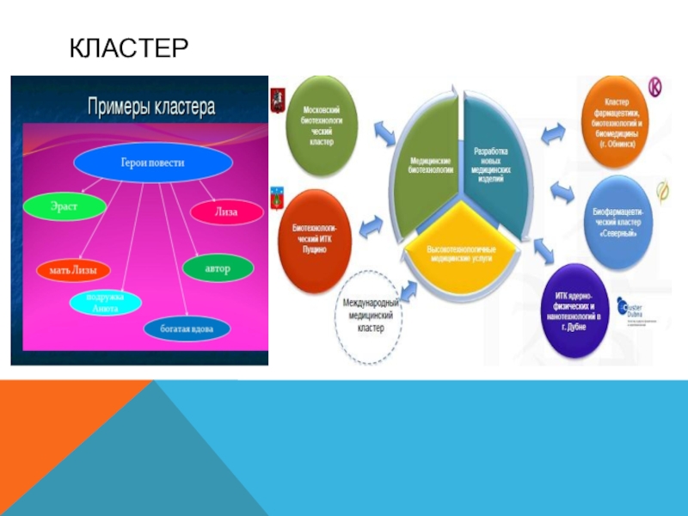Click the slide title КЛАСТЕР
pos(129,47)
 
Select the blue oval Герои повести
pos(151,161)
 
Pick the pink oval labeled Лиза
pos(226,211)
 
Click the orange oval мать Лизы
pos(66,270)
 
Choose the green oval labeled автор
pos(218,267)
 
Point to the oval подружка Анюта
pos(106,302)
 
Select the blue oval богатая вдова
pos(187,328)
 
